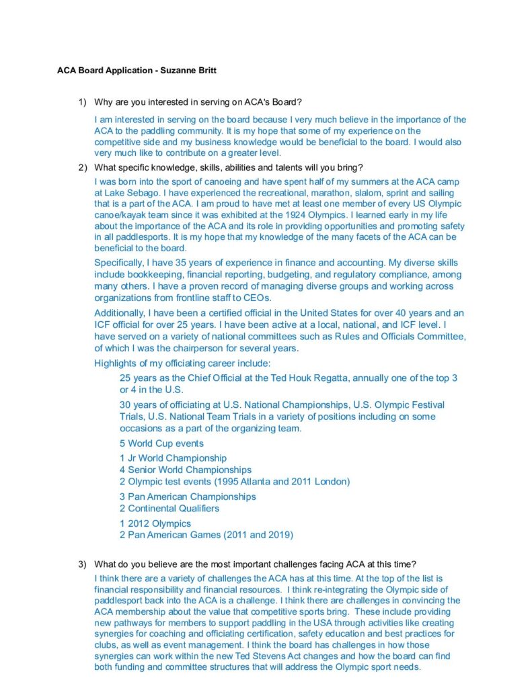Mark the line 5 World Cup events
tap(161, 443)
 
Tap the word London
tap(332, 481)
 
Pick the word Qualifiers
tap(194, 509)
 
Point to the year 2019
tap(278, 535)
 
